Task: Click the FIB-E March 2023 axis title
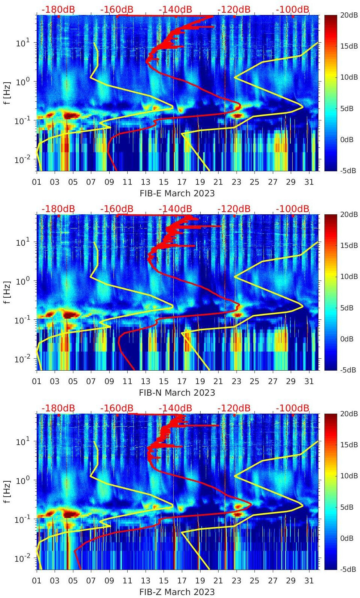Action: (x=177, y=193)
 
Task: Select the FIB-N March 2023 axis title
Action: (x=177, y=393)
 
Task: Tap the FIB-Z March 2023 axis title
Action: (x=177, y=592)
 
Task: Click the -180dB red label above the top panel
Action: (x=58, y=9)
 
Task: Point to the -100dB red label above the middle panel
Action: (x=293, y=209)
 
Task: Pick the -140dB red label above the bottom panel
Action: (x=175, y=408)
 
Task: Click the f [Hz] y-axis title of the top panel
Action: (x=7, y=93)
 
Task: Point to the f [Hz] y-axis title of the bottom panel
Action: (x=7, y=491)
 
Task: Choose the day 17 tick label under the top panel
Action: (x=182, y=182)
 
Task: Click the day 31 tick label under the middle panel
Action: (x=309, y=381)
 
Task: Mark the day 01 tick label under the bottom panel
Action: (x=37, y=581)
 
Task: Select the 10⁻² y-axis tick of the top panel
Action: (x=22, y=160)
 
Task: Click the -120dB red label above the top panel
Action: (x=234, y=9)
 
